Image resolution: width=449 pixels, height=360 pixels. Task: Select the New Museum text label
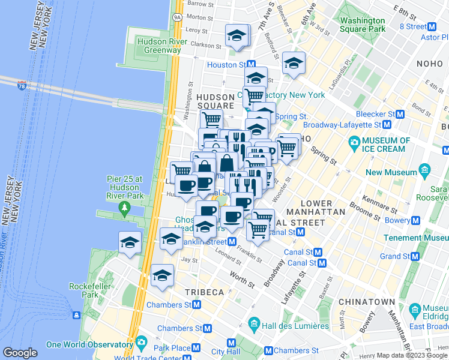pos(391,172)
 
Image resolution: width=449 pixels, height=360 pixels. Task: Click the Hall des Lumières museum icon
pos(253,326)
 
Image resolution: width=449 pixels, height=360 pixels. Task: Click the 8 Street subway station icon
pos(431,26)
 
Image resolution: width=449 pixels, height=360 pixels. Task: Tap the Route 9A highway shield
pos(177,17)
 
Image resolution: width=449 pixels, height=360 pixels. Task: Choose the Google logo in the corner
pos(20,353)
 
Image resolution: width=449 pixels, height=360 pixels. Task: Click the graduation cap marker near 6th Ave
pos(294,63)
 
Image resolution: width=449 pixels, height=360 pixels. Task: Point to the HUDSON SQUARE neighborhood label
pos(215,101)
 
